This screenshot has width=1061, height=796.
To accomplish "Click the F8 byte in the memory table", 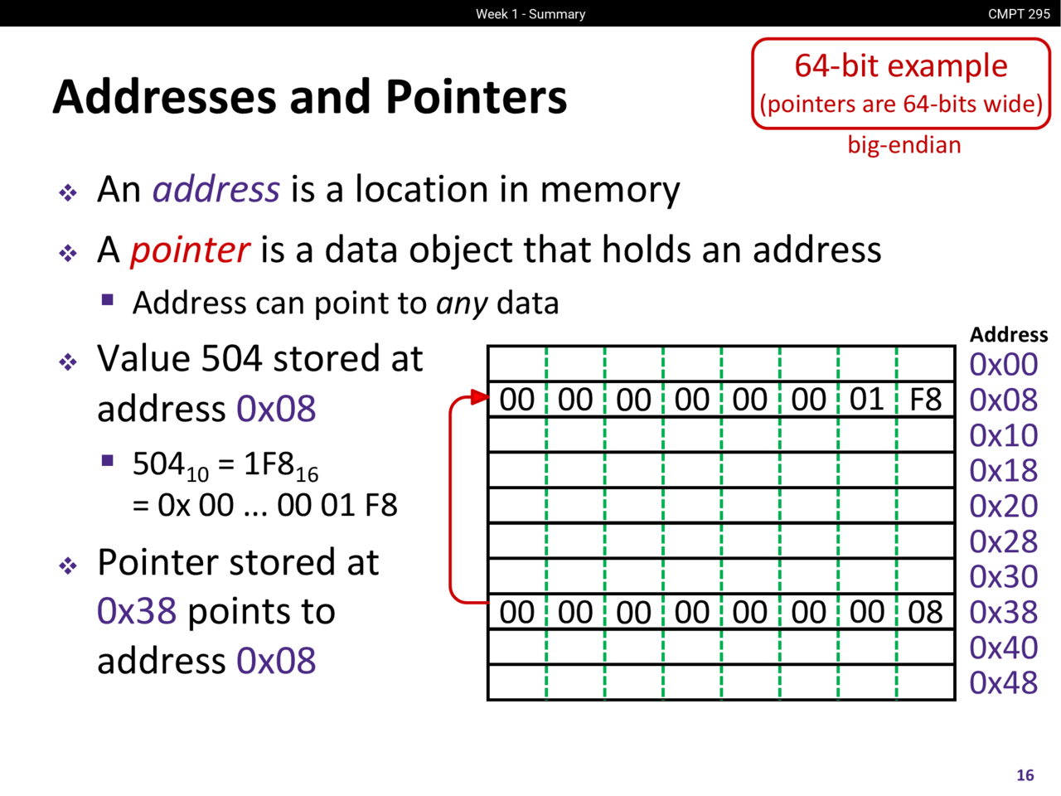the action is [x=925, y=400].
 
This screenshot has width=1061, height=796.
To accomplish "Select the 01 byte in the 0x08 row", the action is [x=867, y=400].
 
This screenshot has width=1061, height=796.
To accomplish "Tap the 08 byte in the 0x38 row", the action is [x=925, y=612].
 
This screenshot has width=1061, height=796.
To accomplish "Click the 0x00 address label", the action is [x=1004, y=364].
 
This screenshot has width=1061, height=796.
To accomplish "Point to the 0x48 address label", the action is [x=1004, y=683].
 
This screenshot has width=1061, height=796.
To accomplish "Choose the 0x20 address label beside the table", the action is [x=1004, y=506].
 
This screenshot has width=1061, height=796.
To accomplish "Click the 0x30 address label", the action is [x=1004, y=576].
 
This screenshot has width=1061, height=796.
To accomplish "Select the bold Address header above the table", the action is [x=1009, y=334].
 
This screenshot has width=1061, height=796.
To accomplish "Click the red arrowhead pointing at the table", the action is [x=480, y=397].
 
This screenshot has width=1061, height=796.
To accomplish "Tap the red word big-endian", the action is [x=904, y=145].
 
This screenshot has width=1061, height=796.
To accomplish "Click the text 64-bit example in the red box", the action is [x=901, y=66].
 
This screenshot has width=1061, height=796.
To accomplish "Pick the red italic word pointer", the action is [x=190, y=250].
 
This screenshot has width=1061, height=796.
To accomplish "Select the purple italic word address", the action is [x=216, y=189].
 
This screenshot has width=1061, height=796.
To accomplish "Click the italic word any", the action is [x=462, y=304].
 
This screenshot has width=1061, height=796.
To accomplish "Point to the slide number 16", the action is [x=1025, y=775].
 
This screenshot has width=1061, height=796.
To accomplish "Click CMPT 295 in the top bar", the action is [x=1019, y=14].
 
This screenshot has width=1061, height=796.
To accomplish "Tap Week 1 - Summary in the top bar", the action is [x=530, y=14].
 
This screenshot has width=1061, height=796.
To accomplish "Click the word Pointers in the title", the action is [x=476, y=97].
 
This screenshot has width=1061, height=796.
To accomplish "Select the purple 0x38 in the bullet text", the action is [x=137, y=611].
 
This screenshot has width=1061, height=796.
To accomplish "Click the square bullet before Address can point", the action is [x=107, y=300].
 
